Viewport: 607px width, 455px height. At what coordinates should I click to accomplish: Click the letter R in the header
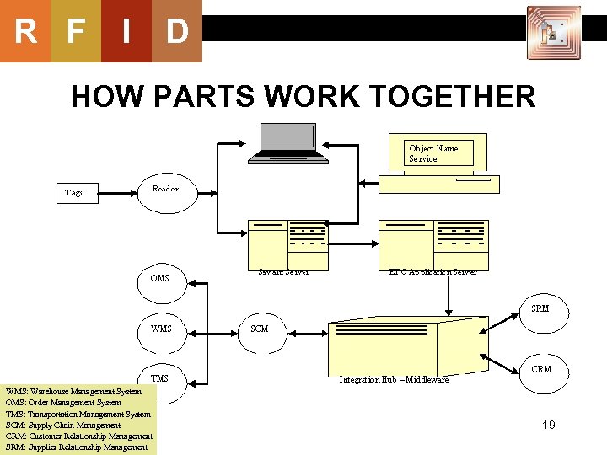(x=25, y=32)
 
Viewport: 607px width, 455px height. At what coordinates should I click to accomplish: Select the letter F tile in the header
(x=76, y=32)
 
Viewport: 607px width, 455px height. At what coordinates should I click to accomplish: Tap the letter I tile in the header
(x=126, y=32)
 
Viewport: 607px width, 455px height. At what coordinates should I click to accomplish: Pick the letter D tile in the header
(x=177, y=32)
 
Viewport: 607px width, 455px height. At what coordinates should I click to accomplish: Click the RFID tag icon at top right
(x=553, y=33)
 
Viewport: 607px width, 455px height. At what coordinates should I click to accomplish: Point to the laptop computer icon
(x=288, y=142)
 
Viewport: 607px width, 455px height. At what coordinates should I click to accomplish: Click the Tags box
(x=74, y=193)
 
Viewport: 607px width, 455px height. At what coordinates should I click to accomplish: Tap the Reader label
(x=165, y=190)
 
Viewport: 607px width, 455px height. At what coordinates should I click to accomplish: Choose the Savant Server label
(x=283, y=271)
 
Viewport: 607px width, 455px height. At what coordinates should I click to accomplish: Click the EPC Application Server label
(x=432, y=271)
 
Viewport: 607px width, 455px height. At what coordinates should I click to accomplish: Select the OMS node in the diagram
(x=159, y=278)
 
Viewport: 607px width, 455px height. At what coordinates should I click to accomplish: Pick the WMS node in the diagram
(x=160, y=329)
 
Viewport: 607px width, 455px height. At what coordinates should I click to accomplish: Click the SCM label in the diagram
(x=260, y=329)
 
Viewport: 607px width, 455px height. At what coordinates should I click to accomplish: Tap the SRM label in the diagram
(x=540, y=308)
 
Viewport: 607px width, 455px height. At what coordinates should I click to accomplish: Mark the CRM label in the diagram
(x=540, y=369)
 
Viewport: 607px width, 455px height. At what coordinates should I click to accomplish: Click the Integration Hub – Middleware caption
(x=394, y=380)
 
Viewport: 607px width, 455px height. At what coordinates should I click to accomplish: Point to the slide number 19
(x=548, y=426)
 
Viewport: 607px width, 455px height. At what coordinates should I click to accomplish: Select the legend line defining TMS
(x=78, y=414)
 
